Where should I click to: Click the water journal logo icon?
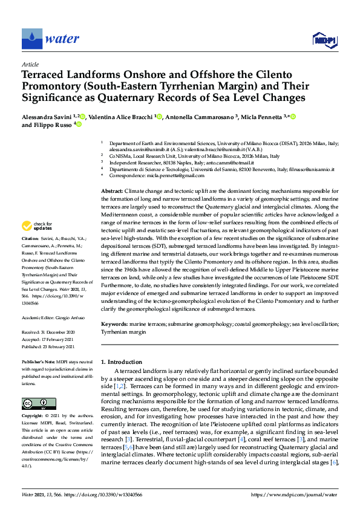[31, 39]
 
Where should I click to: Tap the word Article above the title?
[30, 64]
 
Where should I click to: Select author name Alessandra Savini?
[47, 116]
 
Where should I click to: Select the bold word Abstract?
[111, 190]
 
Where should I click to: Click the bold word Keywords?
[114, 324]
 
